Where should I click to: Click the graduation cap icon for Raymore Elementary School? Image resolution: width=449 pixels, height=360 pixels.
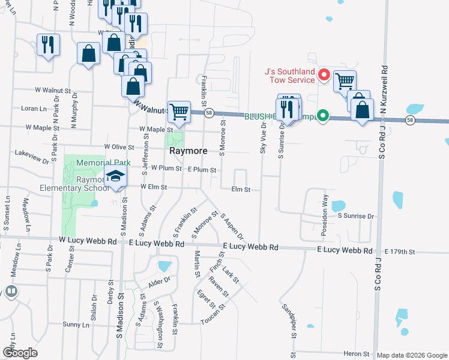tap(116, 176)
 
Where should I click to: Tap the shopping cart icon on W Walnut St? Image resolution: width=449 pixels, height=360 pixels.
tap(179, 110)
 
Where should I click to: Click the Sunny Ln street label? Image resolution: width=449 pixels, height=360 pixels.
tap(76, 325)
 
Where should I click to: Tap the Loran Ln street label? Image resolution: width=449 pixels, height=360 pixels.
tap(33, 109)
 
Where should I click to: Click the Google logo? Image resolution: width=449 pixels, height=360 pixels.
tap(20, 353)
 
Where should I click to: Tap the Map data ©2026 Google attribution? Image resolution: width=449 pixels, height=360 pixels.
tap(412, 355)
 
